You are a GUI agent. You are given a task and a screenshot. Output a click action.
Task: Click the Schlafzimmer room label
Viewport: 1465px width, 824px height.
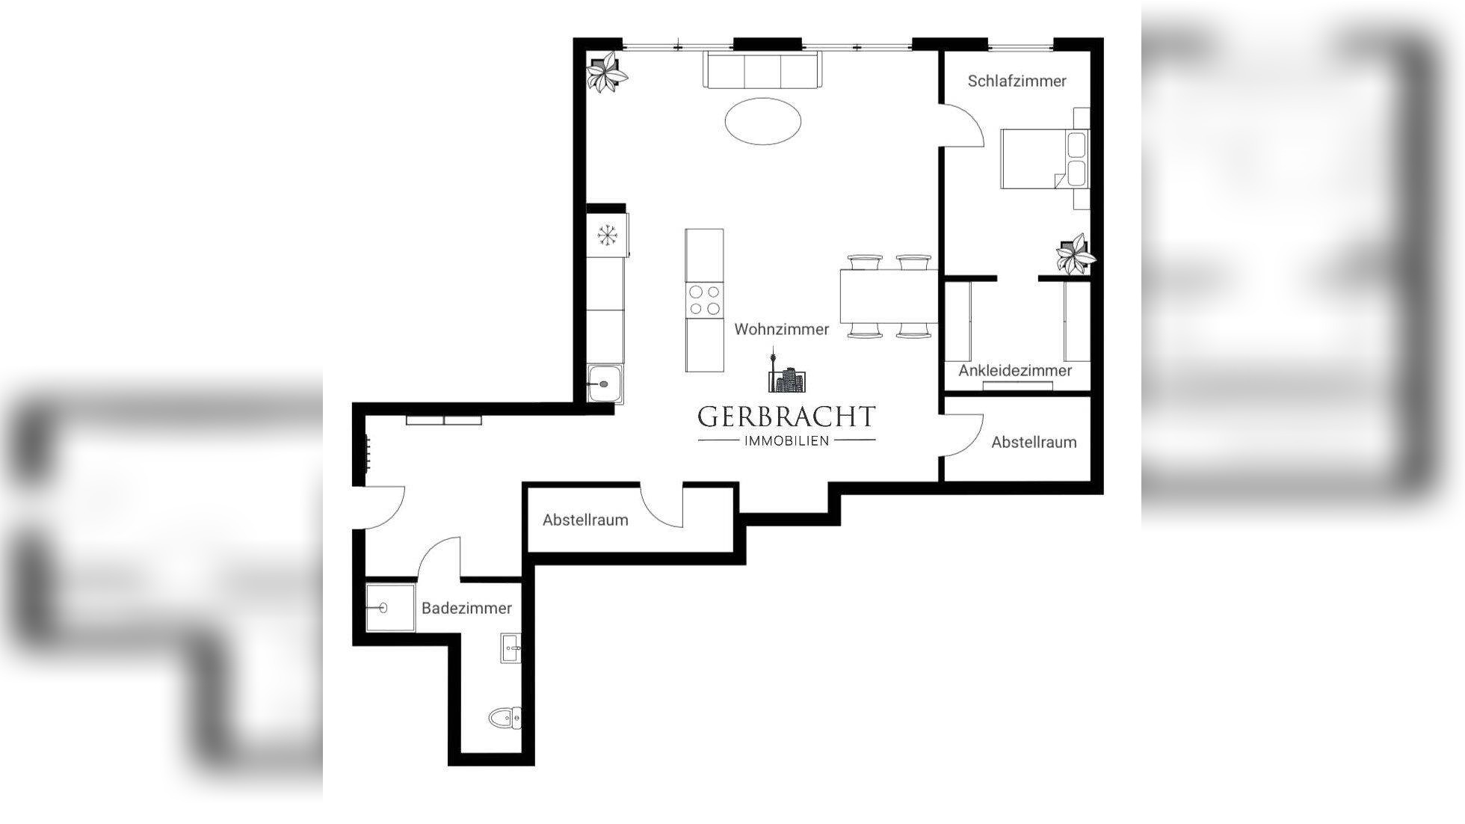click(1017, 81)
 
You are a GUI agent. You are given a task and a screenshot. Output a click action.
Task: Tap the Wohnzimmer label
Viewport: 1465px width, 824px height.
click(781, 329)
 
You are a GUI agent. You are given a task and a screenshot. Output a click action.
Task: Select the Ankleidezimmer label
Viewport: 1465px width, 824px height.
click(1015, 370)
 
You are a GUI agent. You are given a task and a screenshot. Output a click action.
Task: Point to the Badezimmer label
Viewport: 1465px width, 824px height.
click(466, 608)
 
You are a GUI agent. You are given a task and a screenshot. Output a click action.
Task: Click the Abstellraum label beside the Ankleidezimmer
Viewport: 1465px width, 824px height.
click(1034, 442)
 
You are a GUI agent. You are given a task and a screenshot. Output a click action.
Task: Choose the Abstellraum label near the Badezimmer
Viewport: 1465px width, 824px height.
click(585, 520)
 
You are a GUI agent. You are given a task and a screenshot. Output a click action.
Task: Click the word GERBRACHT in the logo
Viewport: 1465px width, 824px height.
click(786, 416)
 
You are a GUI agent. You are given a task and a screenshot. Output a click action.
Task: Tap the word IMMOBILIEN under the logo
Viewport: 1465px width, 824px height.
click(786, 440)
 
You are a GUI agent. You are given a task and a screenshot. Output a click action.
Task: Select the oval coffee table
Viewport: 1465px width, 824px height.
click(762, 120)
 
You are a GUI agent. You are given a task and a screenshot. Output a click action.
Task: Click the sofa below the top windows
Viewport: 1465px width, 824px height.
click(762, 70)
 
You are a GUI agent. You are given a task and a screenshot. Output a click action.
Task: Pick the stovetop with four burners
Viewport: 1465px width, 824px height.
click(704, 301)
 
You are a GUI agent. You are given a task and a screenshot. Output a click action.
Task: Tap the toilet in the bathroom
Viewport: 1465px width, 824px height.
click(505, 719)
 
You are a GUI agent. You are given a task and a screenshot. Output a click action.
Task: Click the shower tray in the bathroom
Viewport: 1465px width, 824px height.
click(389, 607)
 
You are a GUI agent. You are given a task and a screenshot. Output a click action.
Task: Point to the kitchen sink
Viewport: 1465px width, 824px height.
click(604, 384)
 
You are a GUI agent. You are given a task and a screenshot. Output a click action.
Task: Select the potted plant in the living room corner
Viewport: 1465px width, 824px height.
click(606, 72)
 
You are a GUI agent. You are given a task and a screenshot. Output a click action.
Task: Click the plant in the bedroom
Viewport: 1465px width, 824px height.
click(1074, 254)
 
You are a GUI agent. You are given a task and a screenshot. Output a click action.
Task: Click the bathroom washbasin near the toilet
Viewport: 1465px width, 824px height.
click(511, 648)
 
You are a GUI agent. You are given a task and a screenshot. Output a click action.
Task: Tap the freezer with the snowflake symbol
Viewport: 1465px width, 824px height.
click(607, 236)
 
